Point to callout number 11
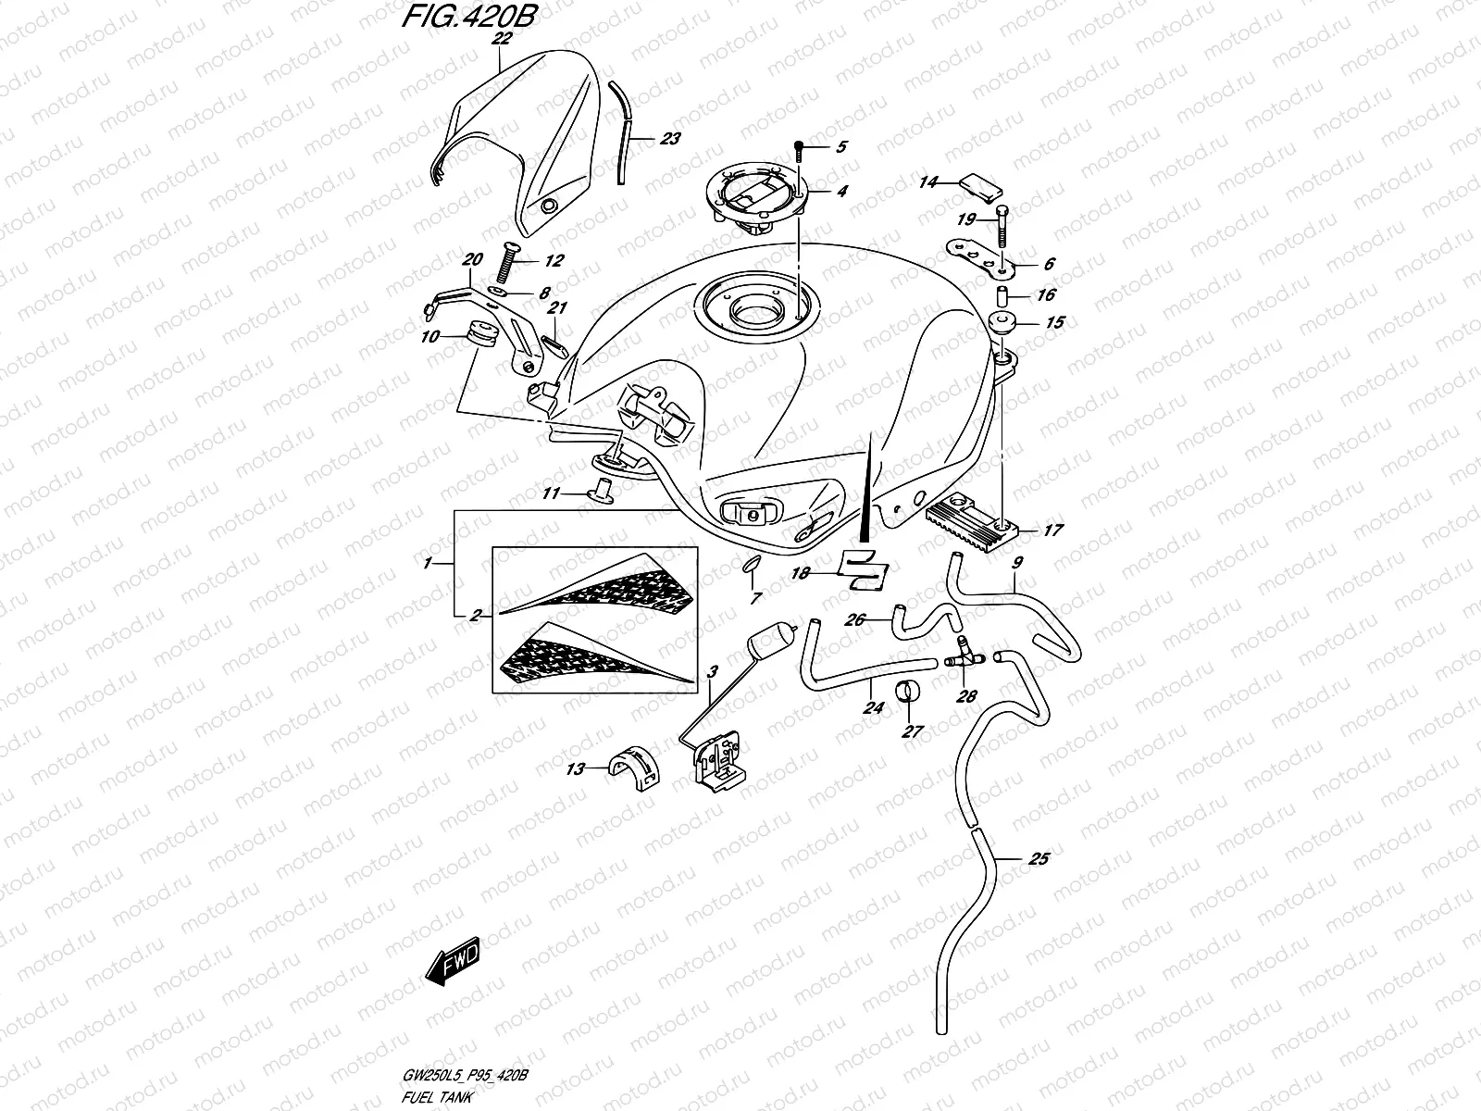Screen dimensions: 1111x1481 tap(551, 494)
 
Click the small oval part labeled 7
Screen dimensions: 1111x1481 tap(751, 566)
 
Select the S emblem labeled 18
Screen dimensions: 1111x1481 tap(862, 569)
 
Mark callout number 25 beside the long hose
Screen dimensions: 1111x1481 tap(1039, 860)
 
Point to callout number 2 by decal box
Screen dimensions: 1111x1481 tap(474, 616)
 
